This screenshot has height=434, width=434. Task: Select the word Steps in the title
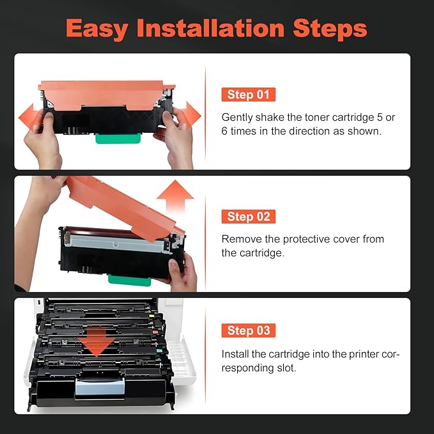point(332,29)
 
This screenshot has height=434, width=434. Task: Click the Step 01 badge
point(248,95)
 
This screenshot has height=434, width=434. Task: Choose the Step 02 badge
point(248,217)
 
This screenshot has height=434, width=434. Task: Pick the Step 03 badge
point(248,330)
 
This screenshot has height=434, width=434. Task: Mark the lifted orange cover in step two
point(121,205)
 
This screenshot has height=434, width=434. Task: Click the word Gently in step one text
point(236,118)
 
